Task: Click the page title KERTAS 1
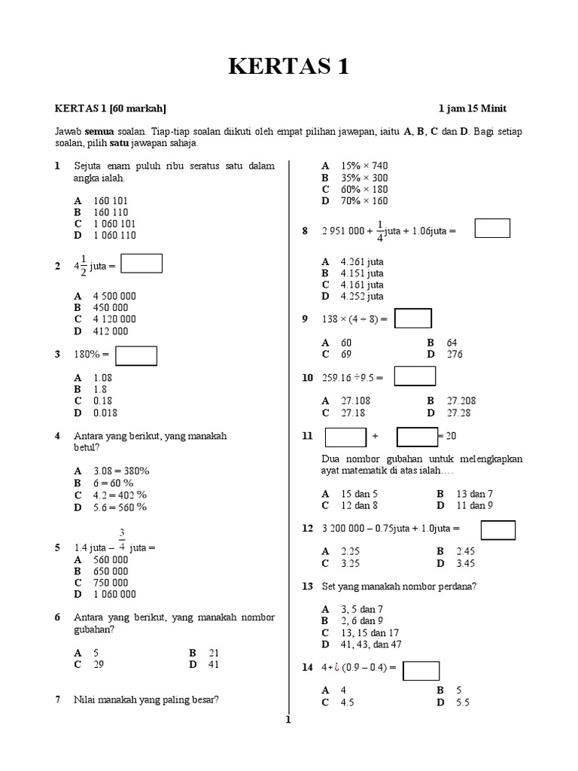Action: tap(289, 68)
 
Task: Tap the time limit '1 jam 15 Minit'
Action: tap(477, 108)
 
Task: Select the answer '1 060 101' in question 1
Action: tap(114, 224)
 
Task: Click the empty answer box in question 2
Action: tap(141, 264)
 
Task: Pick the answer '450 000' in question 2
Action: tap(111, 307)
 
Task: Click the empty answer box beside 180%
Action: tap(136, 355)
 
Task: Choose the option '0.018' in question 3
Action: tap(105, 413)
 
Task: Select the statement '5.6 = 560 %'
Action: tap(120, 507)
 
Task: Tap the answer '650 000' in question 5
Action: tap(111, 571)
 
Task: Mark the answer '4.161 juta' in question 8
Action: tap(362, 285)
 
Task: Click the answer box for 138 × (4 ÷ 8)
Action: tap(413, 318)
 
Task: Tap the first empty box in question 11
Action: tap(345, 437)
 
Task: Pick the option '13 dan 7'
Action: tap(474, 493)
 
